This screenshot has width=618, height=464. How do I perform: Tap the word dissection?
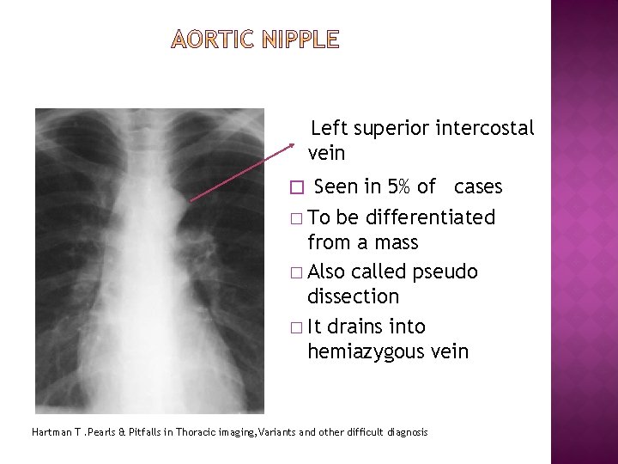point(353,296)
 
